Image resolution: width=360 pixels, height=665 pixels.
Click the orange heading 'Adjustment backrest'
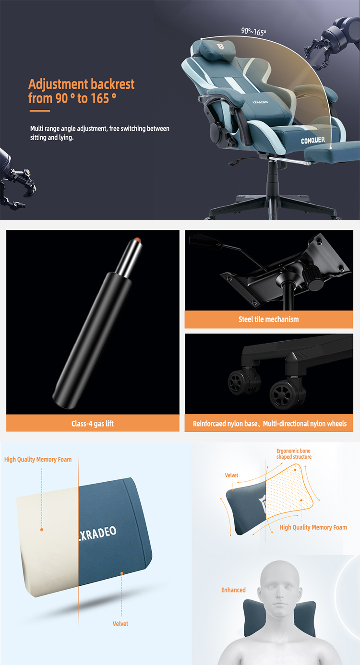point(82,84)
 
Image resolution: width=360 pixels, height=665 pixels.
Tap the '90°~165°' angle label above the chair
point(253,32)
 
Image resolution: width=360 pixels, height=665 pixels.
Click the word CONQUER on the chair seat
point(313,140)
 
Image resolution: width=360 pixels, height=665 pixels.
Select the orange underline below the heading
point(40,111)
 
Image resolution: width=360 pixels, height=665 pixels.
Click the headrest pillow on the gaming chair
point(216,47)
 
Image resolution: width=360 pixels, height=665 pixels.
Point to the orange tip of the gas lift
point(137,239)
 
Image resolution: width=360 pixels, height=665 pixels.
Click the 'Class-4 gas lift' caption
point(92,423)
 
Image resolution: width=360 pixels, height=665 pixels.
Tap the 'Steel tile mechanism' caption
point(269,319)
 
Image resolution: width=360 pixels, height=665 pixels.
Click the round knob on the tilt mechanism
point(313,278)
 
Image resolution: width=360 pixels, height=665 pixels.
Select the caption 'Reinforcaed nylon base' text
point(225,424)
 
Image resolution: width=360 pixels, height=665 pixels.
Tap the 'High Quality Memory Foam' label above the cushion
point(38,459)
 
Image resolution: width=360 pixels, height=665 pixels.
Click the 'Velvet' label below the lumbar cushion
point(120,624)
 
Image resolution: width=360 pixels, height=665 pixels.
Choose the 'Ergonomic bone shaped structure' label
point(294,453)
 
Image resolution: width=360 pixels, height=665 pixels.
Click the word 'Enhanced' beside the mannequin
point(233,590)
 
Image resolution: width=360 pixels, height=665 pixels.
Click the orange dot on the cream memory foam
point(42,530)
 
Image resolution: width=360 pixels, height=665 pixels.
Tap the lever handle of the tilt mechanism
point(204,239)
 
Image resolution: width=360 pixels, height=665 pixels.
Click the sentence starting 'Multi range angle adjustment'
point(100,133)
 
